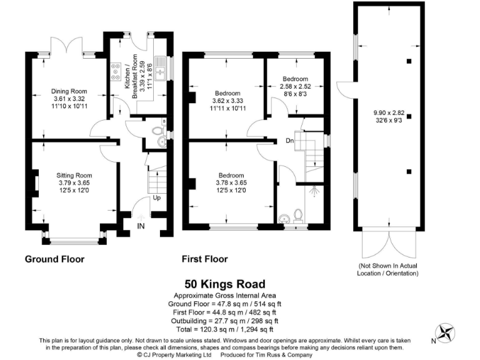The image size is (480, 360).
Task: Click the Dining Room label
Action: tap(68, 91)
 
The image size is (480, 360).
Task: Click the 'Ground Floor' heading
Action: tap(54, 259)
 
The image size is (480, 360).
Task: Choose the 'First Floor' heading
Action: tap(204, 259)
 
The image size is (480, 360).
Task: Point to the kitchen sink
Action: tap(161, 72)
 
